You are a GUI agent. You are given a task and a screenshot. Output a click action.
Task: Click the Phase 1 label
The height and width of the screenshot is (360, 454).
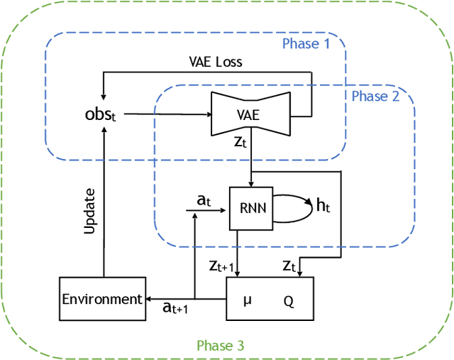pyautogui.click(x=306, y=44)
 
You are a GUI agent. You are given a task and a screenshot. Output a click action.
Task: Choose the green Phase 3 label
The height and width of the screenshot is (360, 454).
pyautogui.click(x=220, y=346)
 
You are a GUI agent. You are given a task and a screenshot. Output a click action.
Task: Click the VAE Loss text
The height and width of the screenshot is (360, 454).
pyautogui.click(x=215, y=62)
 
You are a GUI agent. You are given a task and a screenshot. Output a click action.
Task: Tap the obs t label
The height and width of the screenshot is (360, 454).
pyautogui.click(x=99, y=114)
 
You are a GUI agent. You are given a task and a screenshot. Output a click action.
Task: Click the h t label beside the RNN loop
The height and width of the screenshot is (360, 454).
pyautogui.click(x=323, y=207)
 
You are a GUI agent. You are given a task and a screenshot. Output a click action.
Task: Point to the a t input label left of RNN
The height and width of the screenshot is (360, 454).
pyautogui.click(x=204, y=202)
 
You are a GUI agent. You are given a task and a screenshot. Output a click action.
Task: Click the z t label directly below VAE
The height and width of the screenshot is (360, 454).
pyautogui.click(x=240, y=142)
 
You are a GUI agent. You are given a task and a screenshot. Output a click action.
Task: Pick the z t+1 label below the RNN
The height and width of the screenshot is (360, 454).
pyautogui.click(x=222, y=265)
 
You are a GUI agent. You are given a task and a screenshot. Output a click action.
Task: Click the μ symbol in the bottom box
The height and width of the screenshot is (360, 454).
pyautogui.click(x=248, y=300)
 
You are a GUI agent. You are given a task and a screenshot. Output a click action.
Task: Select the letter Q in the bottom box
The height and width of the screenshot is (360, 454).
pyautogui.click(x=289, y=300)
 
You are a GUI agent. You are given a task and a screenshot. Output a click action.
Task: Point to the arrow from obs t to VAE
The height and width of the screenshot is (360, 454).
pyautogui.click(x=163, y=113)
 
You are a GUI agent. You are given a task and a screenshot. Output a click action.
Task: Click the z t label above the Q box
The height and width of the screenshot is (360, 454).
pyautogui.click(x=289, y=266)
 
